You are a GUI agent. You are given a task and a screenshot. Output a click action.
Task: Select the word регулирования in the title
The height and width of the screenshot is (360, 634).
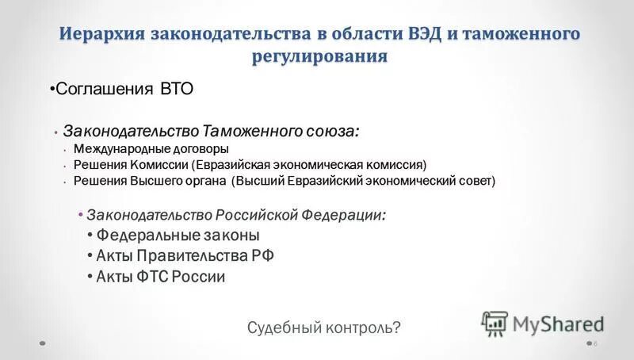coord(319,57)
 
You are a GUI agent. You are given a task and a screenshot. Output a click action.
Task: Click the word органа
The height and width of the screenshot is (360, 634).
coord(201,181)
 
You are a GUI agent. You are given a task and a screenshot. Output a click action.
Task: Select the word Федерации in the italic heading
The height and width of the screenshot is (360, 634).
coord(343,215)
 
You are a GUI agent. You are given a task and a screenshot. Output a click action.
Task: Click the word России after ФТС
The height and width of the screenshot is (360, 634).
coord(200,277)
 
